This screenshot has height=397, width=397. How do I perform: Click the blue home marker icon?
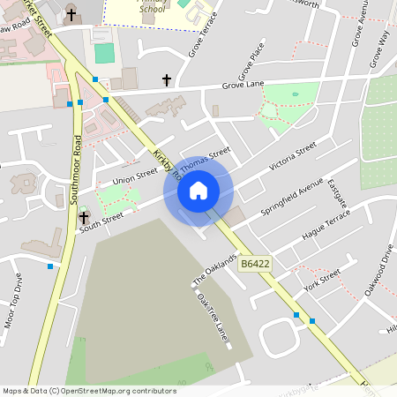coord(198,191)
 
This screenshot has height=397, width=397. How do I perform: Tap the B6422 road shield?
coord(255,264)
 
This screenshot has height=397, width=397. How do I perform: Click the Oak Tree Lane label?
coord(213,316)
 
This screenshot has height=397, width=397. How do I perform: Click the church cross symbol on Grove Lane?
coord(167,80)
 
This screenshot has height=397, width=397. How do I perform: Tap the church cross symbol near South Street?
coord(85,217)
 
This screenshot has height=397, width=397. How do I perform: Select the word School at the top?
coord(152,9)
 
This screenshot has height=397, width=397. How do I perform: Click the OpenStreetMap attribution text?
coord(88,391)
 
